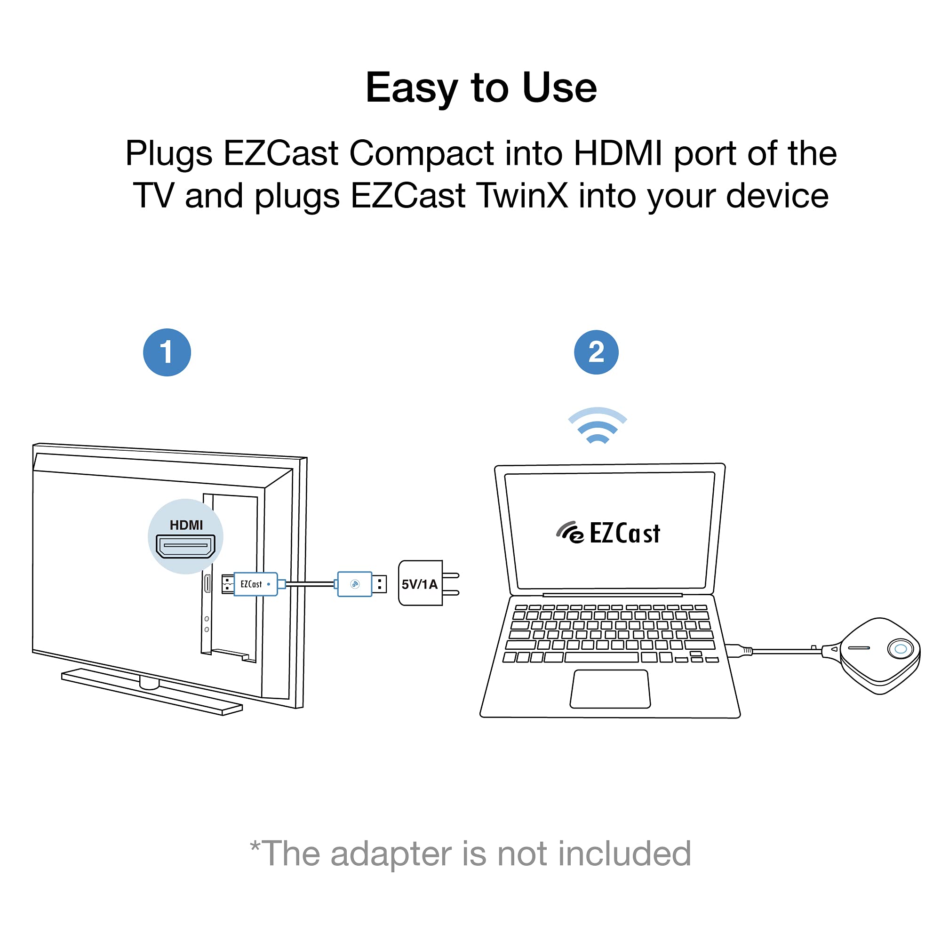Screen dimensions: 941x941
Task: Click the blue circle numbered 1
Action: pyautogui.click(x=167, y=352)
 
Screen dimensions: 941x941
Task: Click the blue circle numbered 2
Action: pyautogui.click(x=596, y=352)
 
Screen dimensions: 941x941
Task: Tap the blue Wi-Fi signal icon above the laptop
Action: pyautogui.click(x=597, y=426)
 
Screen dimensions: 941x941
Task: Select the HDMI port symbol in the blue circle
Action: pyautogui.click(x=185, y=546)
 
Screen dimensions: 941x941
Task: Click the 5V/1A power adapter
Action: pyautogui.click(x=420, y=583)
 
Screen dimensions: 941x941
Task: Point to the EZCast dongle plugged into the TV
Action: pyautogui.click(x=255, y=584)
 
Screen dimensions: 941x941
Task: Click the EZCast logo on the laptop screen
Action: pyautogui.click(x=609, y=533)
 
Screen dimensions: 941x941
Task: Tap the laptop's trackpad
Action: pyautogui.click(x=610, y=689)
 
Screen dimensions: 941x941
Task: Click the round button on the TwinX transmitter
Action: pyautogui.click(x=901, y=649)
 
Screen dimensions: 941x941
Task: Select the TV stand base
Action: pyautogui.click(x=151, y=692)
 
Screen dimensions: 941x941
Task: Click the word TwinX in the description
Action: pyautogui.click(x=522, y=196)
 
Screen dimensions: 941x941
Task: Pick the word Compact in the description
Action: pyautogui.click(x=421, y=153)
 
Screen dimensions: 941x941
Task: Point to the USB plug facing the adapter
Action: pyautogui.click(x=379, y=584)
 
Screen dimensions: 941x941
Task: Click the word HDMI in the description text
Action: pyautogui.click(x=618, y=153)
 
